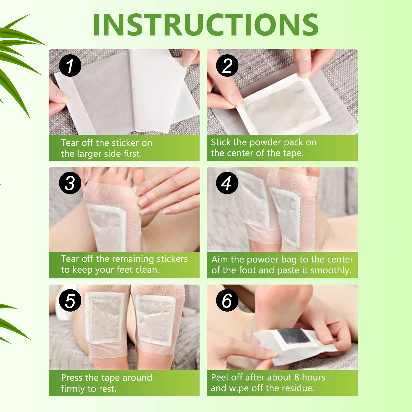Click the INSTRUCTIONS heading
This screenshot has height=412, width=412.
205,25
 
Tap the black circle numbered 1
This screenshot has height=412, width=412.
70,66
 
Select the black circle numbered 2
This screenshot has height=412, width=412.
227,66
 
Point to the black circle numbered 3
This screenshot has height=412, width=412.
70,183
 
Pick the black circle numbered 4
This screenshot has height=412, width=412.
227,183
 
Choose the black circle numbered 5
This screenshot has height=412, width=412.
70,301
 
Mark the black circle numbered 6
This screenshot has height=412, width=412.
227,301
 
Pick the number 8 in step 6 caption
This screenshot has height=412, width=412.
297,377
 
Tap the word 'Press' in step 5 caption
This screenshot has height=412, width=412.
72,378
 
